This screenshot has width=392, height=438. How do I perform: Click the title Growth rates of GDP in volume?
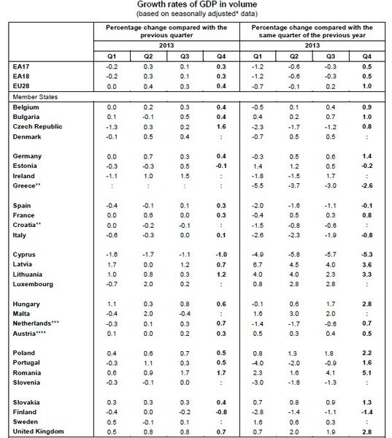(196, 4)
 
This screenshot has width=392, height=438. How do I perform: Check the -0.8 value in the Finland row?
(219, 412)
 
